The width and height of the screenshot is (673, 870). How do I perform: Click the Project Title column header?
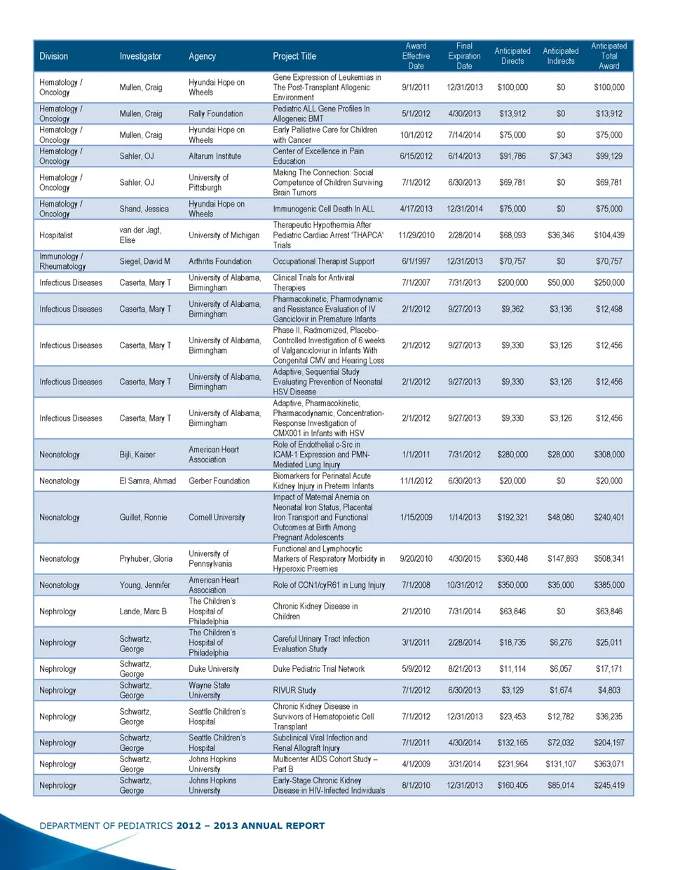click(x=294, y=56)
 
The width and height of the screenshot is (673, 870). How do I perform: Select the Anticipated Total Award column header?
click(x=609, y=56)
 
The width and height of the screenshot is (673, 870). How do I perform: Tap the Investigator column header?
click(x=140, y=56)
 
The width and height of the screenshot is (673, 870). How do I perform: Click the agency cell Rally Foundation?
click(x=215, y=113)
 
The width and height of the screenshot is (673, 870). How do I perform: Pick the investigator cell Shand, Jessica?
click(x=144, y=209)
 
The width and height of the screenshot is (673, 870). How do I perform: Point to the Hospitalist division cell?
click(x=56, y=235)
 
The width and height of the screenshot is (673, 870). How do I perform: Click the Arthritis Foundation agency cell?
click(x=219, y=261)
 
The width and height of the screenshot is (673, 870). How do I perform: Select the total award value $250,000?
click(x=609, y=283)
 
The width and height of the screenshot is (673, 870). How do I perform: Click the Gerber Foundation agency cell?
click(x=219, y=481)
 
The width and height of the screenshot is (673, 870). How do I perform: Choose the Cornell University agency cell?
click(x=217, y=518)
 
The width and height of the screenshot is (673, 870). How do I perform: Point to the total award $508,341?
click(x=609, y=559)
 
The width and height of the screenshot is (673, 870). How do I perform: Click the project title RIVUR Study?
click(x=294, y=691)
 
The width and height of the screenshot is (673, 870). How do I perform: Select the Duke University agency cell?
click(x=214, y=669)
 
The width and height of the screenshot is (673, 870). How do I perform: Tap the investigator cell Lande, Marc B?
click(x=143, y=612)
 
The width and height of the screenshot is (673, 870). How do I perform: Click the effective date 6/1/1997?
click(x=416, y=261)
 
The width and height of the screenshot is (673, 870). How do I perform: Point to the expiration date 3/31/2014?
click(x=464, y=764)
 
